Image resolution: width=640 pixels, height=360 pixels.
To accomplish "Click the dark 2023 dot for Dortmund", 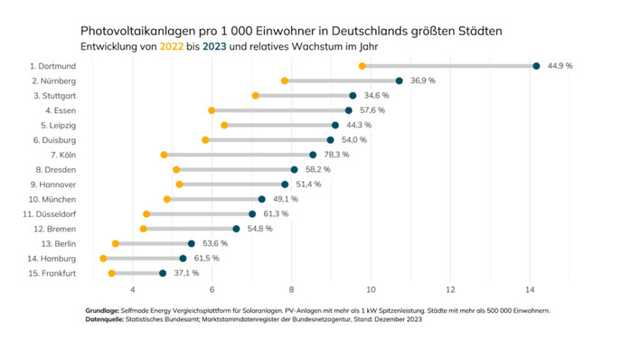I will [536, 66].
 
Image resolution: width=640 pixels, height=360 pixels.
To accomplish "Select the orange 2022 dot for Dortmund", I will [362, 66].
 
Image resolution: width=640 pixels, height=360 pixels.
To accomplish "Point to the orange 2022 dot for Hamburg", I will [103, 258].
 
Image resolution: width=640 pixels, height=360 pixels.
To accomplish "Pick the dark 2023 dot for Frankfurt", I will [163, 273].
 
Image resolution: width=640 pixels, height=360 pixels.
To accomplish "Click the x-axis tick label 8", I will [292, 289].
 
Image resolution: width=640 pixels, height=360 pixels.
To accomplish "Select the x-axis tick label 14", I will [530, 289].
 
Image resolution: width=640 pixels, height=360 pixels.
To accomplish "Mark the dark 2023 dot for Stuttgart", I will [353, 95].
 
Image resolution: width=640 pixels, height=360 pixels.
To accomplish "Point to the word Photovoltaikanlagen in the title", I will [138, 30].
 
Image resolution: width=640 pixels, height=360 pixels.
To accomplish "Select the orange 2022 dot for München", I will [167, 199].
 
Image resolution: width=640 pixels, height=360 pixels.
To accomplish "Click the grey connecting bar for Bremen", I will [190, 229].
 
